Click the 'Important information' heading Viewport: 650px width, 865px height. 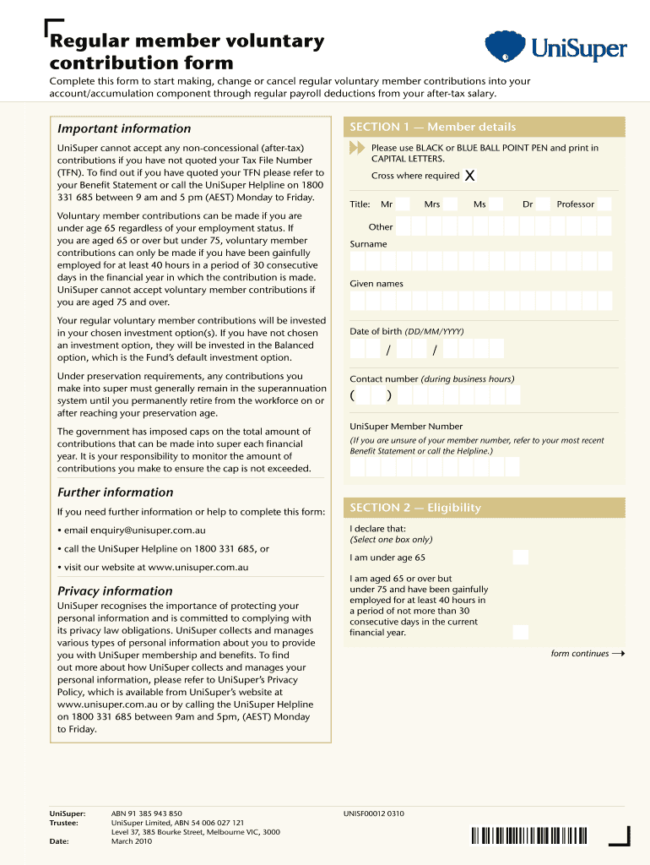(x=124, y=128)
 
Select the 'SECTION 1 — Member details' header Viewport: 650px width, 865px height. (x=432, y=127)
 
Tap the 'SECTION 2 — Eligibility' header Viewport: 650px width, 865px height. (x=414, y=508)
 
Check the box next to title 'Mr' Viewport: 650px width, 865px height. (x=404, y=204)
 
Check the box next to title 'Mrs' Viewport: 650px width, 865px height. (x=449, y=204)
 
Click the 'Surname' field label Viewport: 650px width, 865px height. (x=368, y=244)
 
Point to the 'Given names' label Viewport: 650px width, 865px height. (x=376, y=284)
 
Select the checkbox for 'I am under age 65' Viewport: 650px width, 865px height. (x=521, y=558)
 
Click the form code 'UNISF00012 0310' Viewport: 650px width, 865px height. (x=373, y=814)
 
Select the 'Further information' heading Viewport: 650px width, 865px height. (x=115, y=492)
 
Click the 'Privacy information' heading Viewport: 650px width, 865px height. (x=115, y=591)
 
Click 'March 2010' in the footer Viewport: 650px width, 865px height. (x=134, y=841)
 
